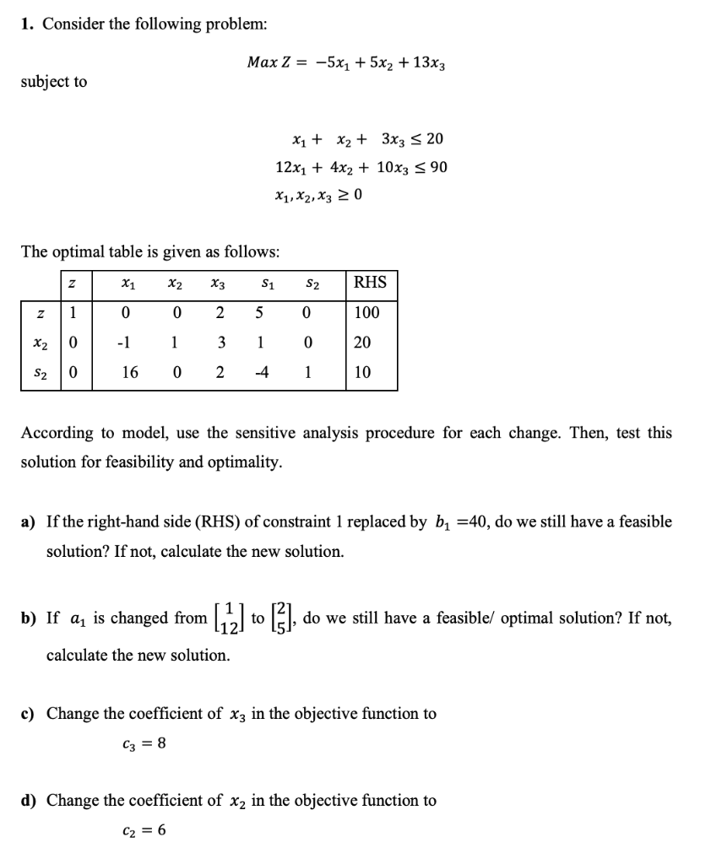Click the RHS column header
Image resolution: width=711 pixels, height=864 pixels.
[370, 282]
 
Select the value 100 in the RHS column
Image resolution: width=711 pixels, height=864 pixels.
[367, 313]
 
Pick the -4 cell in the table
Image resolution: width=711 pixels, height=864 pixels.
[261, 372]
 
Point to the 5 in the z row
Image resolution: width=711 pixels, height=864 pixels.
[261, 313]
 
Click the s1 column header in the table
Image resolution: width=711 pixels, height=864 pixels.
[261, 283]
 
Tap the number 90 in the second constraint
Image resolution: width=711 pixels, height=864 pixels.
[437, 167]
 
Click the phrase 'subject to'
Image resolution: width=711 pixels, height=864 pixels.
[54, 82]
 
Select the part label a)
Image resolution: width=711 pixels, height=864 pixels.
[28, 521]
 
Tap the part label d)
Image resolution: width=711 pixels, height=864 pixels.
[28, 800]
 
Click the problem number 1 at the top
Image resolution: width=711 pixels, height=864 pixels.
[28, 24]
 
